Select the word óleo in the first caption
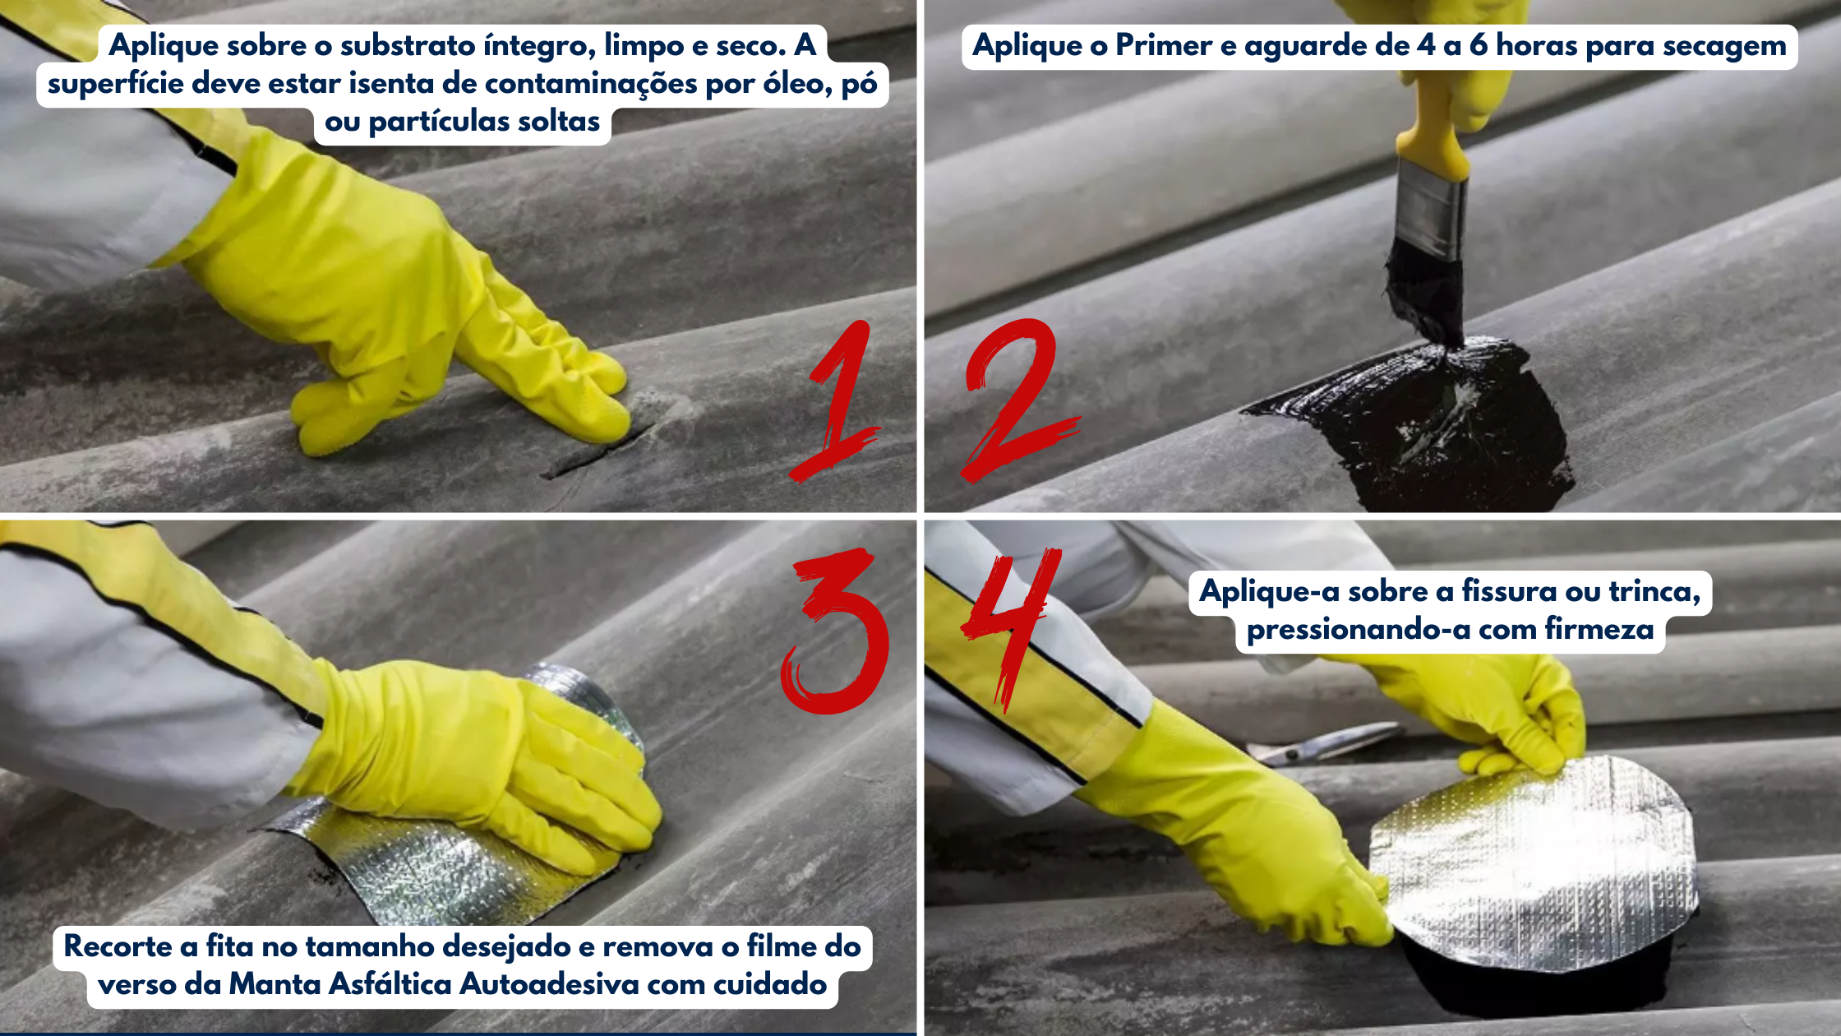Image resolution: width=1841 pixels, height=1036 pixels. pyautogui.click(x=796, y=84)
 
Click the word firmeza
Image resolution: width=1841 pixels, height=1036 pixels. pyautogui.click(x=1599, y=630)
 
